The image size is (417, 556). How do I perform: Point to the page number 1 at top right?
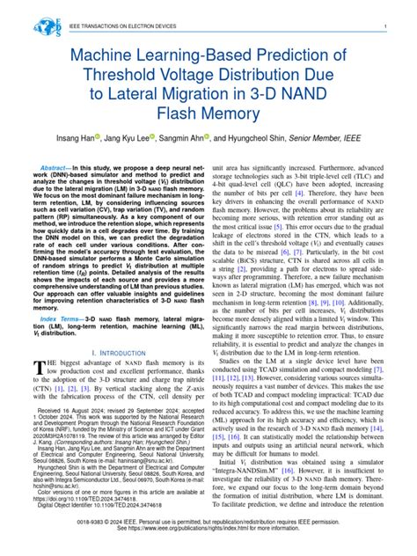(386, 27)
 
